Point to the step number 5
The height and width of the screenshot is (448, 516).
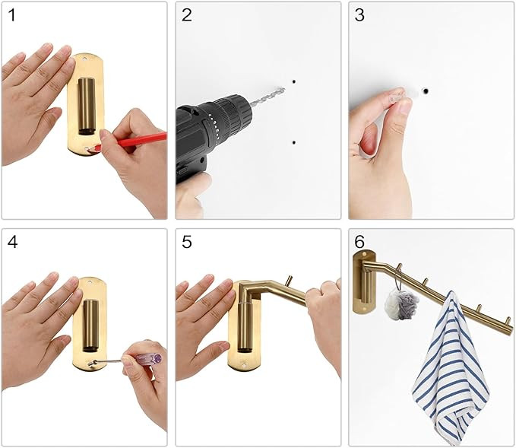point(187,243)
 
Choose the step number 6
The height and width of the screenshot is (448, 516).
point(360,243)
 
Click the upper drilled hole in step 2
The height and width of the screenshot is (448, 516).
point(293,81)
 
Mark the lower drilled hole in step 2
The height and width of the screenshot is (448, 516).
point(293,141)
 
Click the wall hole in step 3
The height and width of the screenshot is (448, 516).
point(425,91)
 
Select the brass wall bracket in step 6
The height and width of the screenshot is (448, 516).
point(363,284)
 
